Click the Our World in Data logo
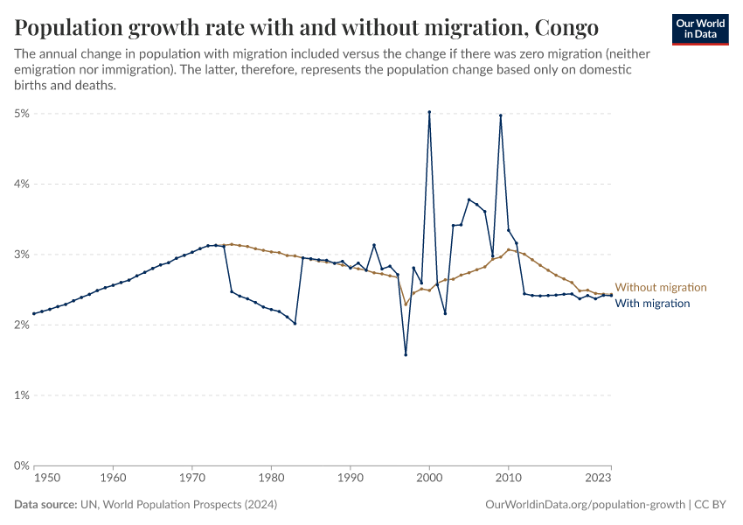point(700,29)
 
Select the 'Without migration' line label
point(661,287)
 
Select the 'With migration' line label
point(653,304)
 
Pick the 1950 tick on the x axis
point(47,479)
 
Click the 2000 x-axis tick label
point(429,479)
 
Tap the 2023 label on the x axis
point(599,479)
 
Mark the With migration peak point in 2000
point(429,112)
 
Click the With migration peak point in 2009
point(501,115)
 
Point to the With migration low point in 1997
point(406,354)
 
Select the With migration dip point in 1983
point(295,324)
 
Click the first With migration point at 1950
point(33,313)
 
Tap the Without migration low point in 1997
point(406,304)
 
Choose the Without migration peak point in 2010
point(509,249)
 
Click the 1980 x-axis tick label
point(271,479)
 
